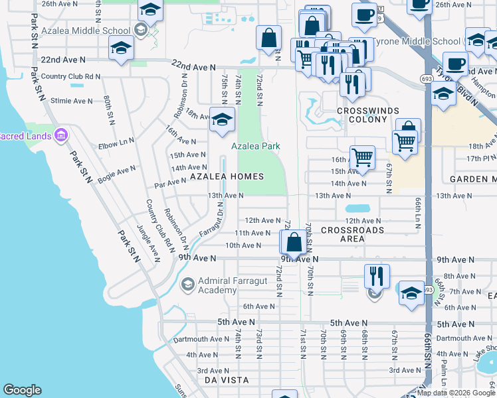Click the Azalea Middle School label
click(86, 31)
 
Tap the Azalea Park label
click(255, 146)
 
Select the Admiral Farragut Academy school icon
click(187, 285)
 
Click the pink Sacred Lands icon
click(62, 135)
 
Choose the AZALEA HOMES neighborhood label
click(227, 177)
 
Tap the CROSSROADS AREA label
click(351, 234)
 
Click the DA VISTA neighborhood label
click(227, 380)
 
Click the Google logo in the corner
click(22, 390)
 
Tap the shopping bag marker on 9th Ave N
click(293, 243)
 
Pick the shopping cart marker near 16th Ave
click(362, 158)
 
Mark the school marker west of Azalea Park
click(222, 119)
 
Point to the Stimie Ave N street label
click(72, 101)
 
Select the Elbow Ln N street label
click(116, 143)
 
